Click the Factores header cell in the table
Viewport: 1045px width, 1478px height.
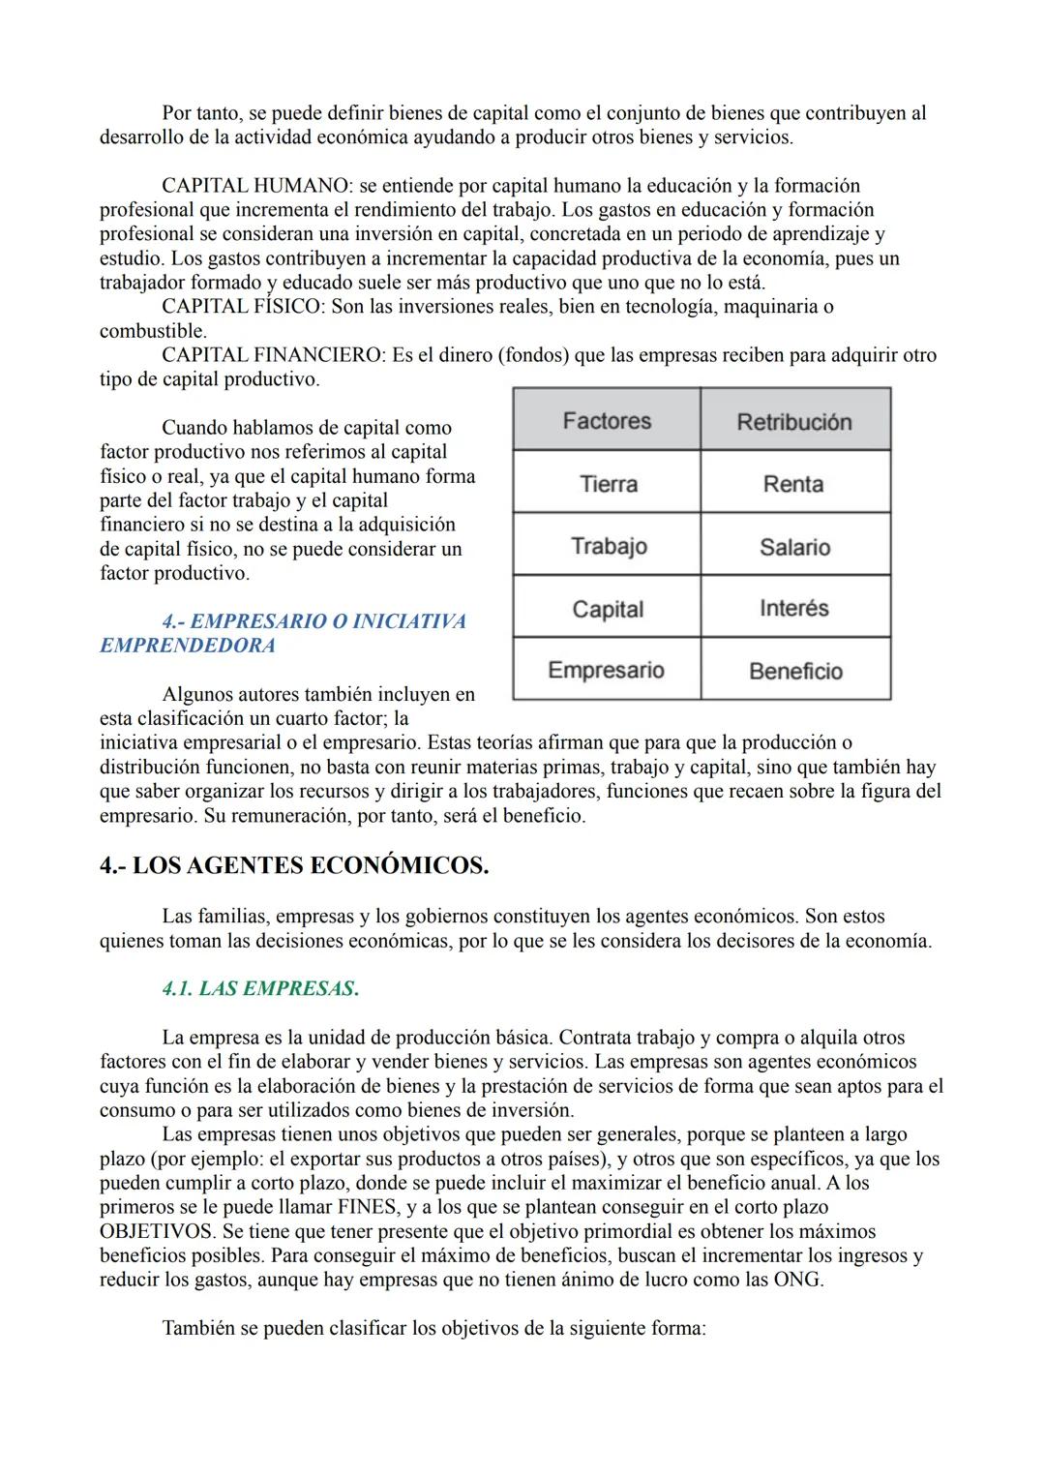[607, 421]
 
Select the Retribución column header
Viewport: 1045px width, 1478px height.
[794, 422]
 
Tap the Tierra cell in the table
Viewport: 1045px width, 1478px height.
[608, 484]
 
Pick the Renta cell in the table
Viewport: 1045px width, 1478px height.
[793, 484]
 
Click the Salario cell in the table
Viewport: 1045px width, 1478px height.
[794, 547]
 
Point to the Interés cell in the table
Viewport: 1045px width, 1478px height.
[794, 608]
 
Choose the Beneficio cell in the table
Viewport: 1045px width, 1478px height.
[795, 671]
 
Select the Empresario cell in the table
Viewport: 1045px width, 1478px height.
[606, 670]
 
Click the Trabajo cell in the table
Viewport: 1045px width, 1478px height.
[608, 546]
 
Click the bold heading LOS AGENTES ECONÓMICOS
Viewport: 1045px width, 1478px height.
[294, 865]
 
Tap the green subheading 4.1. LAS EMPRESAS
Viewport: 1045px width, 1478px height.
[260, 988]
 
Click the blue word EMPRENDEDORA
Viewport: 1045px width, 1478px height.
[188, 646]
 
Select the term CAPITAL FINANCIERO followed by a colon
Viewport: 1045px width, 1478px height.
[273, 355]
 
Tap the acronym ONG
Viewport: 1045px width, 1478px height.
[800, 1280]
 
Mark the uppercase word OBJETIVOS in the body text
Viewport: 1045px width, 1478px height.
[158, 1231]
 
